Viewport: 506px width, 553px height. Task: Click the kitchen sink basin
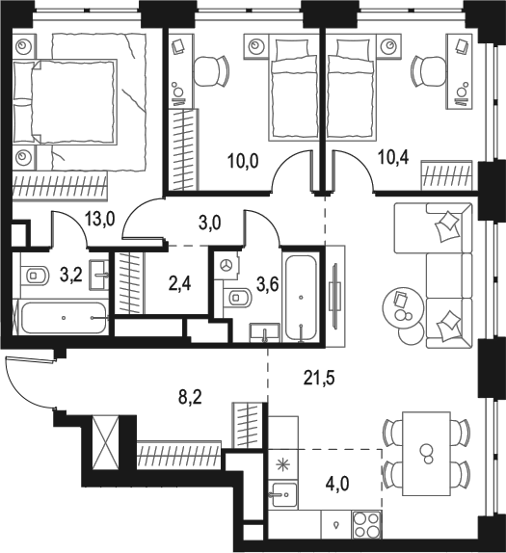[x=281, y=498]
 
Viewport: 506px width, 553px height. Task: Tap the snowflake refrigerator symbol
[x=282, y=464]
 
